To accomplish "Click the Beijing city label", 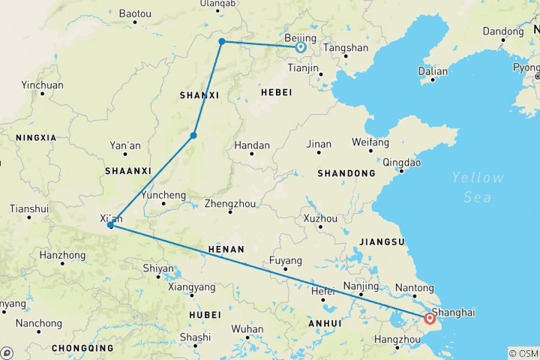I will (x=301, y=37).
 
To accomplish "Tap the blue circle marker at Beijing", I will (x=300, y=47).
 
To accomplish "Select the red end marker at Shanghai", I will (x=430, y=318).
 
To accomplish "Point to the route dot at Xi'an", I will (x=110, y=225).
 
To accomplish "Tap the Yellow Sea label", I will (x=478, y=187).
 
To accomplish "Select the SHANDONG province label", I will (x=346, y=173).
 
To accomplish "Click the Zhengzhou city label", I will (x=230, y=203).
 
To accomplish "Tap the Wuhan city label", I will (x=247, y=328).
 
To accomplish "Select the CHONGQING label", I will (x=82, y=348).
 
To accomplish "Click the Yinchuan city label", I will (x=42, y=85).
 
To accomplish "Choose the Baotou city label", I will (x=135, y=13).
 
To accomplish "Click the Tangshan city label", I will (x=345, y=47).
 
